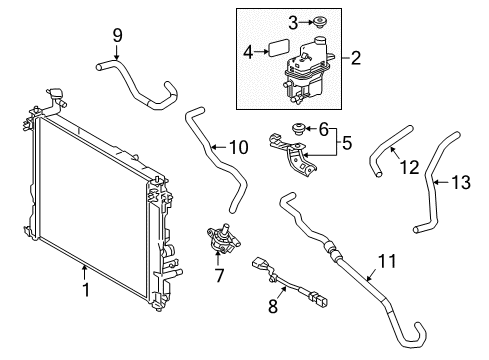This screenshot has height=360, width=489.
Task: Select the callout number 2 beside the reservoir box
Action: (x=356, y=59)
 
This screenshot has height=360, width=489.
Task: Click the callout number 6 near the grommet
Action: (x=322, y=127)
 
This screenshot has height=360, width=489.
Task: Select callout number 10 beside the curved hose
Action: (x=238, y=148)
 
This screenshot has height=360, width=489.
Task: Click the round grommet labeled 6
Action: (x=297, y=127)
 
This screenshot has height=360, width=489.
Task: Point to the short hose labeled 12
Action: (x=383, y=155)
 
